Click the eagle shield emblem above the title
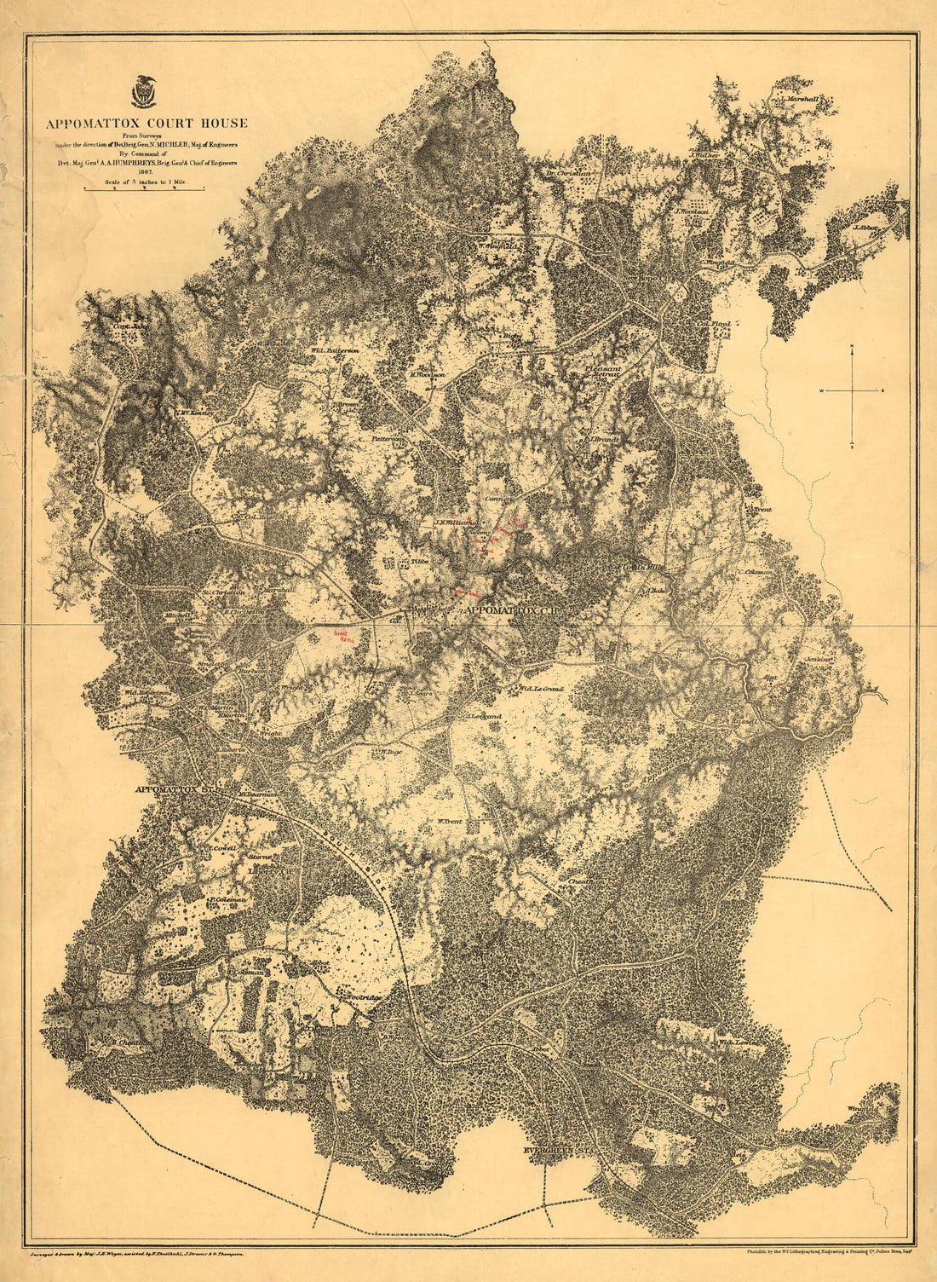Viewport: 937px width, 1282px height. [x=145, y=92]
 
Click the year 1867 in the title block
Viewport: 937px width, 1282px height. [x=144, y=171]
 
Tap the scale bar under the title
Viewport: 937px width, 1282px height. [x=144, y=191]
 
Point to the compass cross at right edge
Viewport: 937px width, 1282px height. [x=853, y=390]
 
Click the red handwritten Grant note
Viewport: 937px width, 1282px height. [x=342, y=636]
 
